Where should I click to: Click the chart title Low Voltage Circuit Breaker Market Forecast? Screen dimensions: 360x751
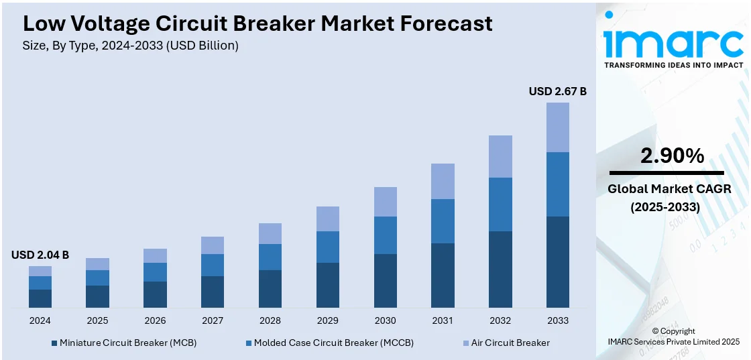click(257, 23)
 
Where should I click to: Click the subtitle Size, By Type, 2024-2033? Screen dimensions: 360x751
click(131, 46)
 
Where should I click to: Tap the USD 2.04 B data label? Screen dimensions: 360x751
click(40, 255)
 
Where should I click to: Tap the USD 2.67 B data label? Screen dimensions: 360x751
click(557, 91)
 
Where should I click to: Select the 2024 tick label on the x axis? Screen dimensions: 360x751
click(40, 320)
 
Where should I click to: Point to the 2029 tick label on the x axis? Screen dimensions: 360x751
click(327, 320)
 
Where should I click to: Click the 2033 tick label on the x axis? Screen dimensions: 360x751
click(557, 320)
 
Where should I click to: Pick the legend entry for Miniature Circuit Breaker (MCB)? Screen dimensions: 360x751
click(124, 343)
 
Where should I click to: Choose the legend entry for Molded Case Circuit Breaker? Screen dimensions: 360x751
click(329, 343)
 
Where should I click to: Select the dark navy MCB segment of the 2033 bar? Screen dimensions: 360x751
click(557, 262)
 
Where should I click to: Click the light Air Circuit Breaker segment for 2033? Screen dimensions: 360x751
click(557, 127)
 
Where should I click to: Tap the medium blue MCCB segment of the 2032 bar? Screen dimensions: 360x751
click(500, 204)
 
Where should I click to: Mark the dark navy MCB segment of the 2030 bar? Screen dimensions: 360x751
click(385, 281)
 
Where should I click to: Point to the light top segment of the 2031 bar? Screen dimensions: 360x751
click(443, 181)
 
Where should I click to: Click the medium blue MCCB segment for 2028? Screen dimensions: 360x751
click(270, 257)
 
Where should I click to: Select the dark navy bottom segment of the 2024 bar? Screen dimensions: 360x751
click(40, 298)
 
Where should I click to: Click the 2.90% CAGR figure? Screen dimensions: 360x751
click(672, 156)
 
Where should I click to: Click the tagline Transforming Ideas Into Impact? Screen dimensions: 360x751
click(673, 65)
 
